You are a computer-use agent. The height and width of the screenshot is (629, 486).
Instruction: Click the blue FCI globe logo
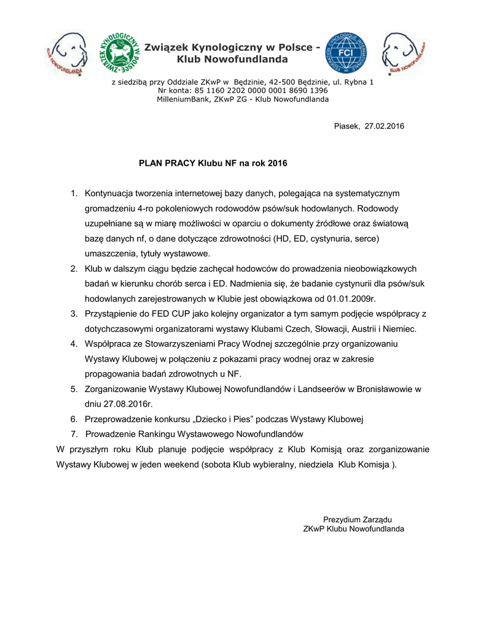[348, 54]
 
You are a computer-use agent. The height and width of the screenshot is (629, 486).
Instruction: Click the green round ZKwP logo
[119, 54]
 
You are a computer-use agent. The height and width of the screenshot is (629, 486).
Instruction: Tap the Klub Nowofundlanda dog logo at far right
[403, 53]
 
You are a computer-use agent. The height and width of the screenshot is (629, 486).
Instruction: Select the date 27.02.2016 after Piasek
[385, 127]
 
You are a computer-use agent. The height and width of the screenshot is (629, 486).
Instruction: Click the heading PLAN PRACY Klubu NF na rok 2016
[213, 164]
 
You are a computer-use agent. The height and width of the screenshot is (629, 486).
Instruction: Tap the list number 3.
[74, 313]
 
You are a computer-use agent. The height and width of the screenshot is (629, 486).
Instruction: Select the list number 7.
[74, 434]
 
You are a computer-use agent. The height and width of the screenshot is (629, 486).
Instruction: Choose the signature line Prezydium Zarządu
[357, 519]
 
